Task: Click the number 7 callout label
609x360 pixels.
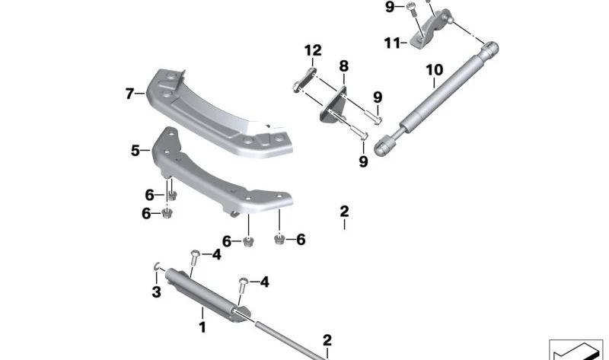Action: coord(129,94)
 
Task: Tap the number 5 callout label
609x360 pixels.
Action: coord(136,151)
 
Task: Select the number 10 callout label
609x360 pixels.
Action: coord(434,70)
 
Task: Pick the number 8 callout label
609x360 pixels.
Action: coord(343,66)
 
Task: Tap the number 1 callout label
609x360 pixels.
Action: coord(202,327)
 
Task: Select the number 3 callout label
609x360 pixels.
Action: coord(155,292)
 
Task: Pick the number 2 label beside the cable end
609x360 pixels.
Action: coord(327,339)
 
